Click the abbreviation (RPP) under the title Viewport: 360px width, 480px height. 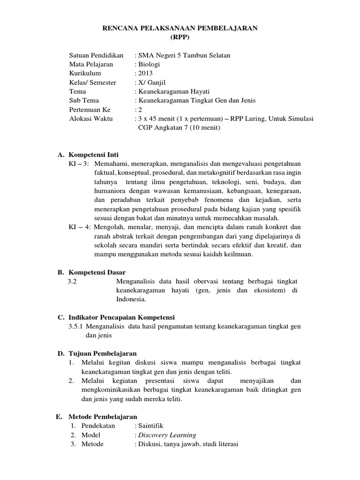pos(180,37)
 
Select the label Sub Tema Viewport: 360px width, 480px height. pos(84,100)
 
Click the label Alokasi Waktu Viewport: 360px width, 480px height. pos(90,119)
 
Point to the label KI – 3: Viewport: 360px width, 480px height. pos(79,163)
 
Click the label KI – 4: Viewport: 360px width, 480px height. pos(79,227)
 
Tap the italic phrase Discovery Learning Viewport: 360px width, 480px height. pos(166,435)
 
